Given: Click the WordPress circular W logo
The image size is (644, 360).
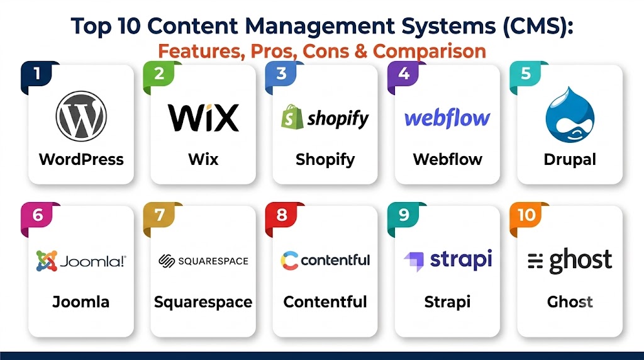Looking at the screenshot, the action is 81,116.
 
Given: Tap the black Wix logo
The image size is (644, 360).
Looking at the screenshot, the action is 203,118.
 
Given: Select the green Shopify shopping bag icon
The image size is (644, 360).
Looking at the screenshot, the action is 292,116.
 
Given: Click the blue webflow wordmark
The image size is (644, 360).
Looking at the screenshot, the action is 447,118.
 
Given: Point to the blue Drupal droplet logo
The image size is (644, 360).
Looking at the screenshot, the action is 570,115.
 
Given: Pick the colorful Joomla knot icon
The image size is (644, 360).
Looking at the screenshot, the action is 47,261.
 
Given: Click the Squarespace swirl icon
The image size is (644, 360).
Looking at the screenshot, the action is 167,261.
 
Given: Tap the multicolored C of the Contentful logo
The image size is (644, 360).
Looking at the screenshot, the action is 289,261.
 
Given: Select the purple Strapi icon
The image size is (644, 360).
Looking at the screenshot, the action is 414,262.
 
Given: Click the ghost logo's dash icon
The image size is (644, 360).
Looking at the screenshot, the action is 535,261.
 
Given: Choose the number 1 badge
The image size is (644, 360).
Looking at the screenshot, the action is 37,76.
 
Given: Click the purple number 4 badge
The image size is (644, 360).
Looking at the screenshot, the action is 404,76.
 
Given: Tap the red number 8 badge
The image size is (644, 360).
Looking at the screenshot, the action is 282,217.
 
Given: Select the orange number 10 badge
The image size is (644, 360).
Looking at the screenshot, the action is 526,217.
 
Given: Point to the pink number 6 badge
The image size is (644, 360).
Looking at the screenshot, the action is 37,217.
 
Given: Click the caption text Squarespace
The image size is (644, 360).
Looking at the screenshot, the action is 203,303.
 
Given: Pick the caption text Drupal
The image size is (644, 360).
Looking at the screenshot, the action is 570,159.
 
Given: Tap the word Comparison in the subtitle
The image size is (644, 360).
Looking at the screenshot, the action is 429,52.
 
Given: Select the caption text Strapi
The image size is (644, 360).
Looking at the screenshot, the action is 447,303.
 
